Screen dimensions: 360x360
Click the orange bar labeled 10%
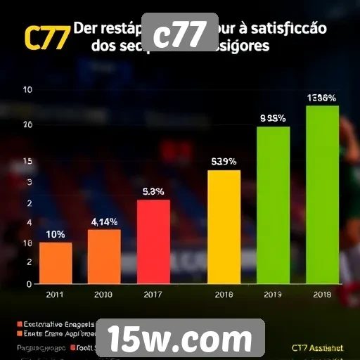[56, 263]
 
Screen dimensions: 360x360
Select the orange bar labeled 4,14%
[104, 257]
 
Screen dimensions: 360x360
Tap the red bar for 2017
[153, 242]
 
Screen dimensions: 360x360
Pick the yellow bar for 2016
[224, 226]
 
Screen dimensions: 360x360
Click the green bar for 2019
[273, 205]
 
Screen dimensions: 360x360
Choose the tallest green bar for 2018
[323, 194]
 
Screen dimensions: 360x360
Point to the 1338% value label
[321, 98]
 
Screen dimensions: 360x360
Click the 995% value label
[273, 119]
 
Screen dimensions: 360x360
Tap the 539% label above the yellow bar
[224, 162]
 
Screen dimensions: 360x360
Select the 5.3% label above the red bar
[153, 191]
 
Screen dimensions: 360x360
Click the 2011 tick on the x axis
[56, 295]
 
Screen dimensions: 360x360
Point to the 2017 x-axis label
[153, 295]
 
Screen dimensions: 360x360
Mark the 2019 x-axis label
[273, 295]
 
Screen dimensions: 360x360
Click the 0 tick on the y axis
[29, 284]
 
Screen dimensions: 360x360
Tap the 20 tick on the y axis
[29, 124]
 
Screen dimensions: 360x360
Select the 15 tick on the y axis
[29, 162]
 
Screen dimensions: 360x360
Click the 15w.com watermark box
[179, 339]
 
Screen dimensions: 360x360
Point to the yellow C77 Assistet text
[316, 347]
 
